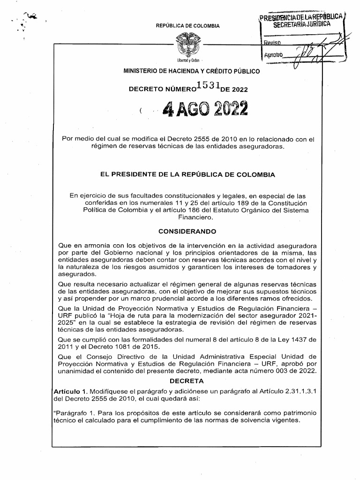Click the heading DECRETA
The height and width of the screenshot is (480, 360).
tap(187, 381)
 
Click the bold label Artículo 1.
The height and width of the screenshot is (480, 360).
tap(70, 390)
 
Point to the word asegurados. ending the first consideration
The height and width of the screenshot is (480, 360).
tap(75, 274)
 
